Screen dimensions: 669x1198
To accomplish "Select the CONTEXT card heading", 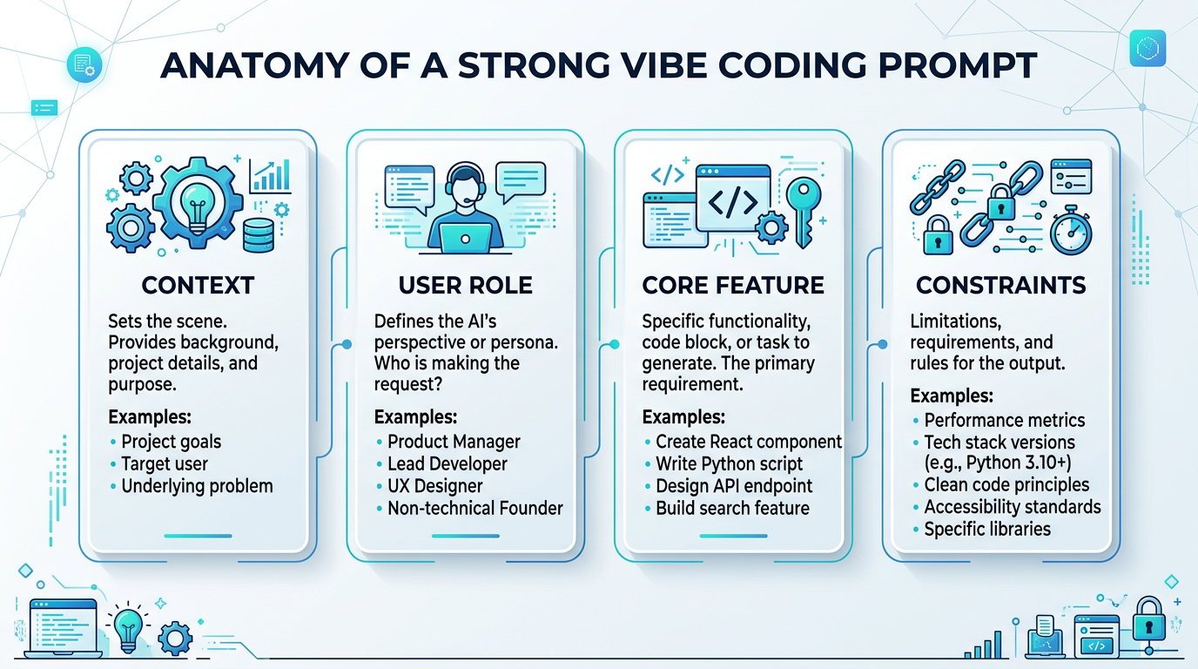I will coord(198,285).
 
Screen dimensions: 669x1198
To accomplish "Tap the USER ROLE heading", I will coord(465,285).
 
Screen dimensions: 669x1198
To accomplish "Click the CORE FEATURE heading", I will coord(733,285).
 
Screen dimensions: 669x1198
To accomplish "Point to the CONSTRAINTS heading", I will coord(1001,285).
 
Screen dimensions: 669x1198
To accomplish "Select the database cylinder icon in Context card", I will coord(259,234).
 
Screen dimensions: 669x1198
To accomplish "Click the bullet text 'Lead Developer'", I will coord(448,463).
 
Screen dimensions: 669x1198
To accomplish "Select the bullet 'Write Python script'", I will coord(730,463).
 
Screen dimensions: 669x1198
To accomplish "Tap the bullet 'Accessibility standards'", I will coord(1013,506).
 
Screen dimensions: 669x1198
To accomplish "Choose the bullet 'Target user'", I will coord(165,463).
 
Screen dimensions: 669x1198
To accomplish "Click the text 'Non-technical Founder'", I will coord(475,507).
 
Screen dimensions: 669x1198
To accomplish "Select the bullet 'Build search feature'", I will coord(732,508).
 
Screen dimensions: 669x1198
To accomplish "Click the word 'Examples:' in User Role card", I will coord(415,416).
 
